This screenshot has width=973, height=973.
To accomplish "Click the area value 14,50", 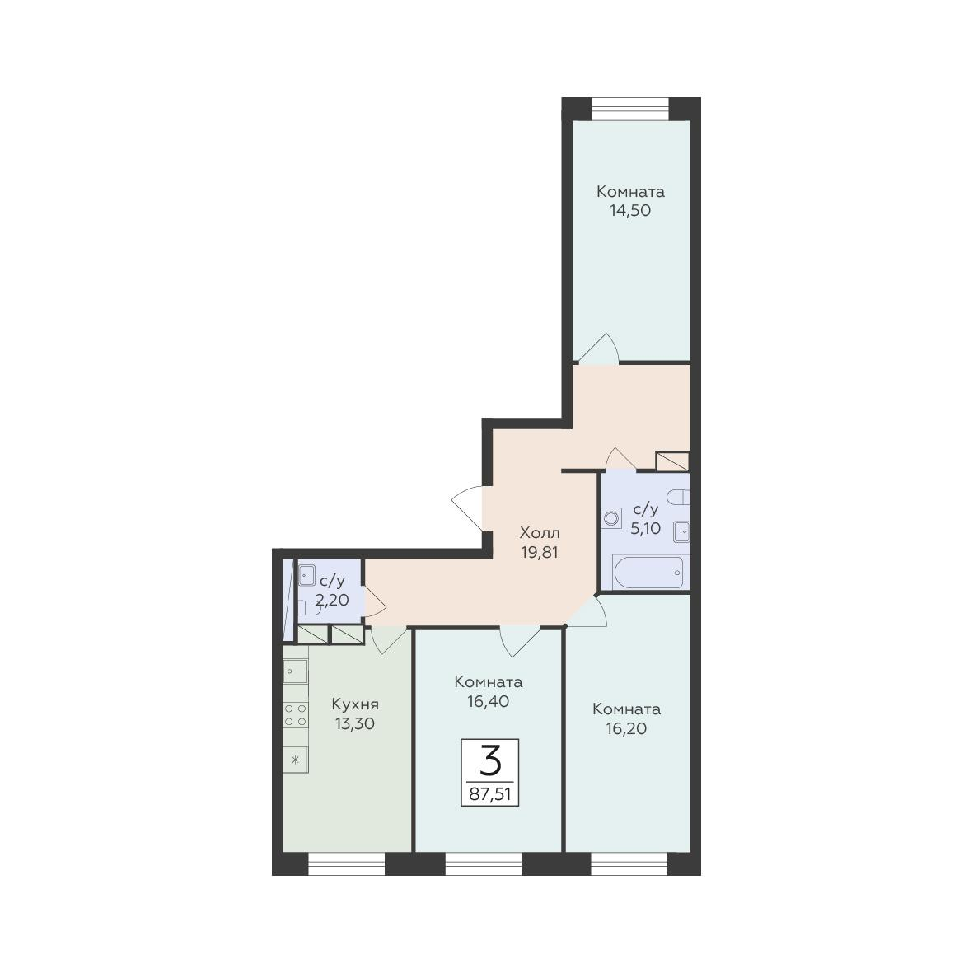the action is [629, 210].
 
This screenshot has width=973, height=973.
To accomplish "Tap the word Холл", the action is [540, 532].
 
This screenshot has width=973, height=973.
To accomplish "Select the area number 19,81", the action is [540, 552].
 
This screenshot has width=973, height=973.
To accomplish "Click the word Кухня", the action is [355, 705].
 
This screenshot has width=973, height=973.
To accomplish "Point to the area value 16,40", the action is [489, 701].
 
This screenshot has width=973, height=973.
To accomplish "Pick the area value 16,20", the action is [626, 728].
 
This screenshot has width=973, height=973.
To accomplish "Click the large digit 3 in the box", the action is [489, 760].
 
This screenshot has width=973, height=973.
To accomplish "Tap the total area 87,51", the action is [489, 794].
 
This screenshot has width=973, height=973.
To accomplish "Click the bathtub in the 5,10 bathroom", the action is [649, 572].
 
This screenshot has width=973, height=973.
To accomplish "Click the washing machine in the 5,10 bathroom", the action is [612, 518].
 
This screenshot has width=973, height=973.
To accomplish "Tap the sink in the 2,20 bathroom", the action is [306, 575].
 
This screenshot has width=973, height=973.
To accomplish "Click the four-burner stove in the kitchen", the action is [296, 715].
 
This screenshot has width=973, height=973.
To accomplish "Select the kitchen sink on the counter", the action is [296, 671].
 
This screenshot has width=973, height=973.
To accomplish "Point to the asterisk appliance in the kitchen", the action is [296, 759].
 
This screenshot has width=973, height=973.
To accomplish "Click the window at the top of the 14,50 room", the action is [630, 109].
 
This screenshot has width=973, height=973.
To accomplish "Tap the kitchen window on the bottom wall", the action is [347, 863].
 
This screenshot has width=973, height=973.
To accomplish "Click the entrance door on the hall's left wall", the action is [469, 508].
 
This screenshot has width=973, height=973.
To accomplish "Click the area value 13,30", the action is [355, 723].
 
